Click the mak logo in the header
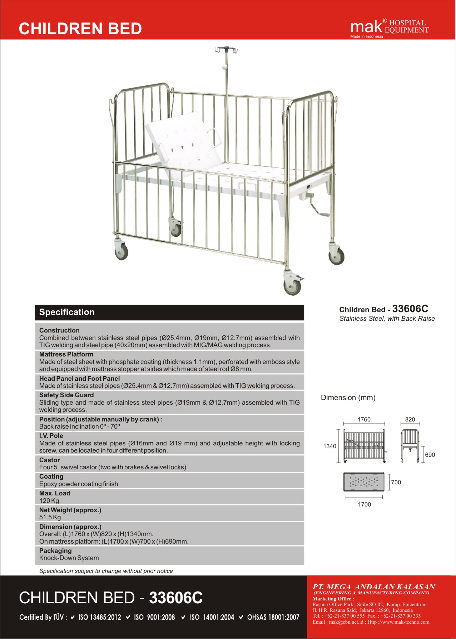[366, 27]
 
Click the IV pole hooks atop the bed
[226, 50]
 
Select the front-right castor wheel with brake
[293, 285]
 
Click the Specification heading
[67, 312]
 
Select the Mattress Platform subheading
[66, 354]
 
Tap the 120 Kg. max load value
[50, 500]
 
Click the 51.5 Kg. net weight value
[51, 517]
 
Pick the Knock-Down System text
[69, 558]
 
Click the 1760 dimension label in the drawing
[364, 419]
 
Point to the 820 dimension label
[410, 419]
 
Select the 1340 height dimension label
[329, 446]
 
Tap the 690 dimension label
[430, 455]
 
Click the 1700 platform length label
[364, 504]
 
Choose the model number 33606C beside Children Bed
[410, 309]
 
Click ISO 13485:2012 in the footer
[99, 617]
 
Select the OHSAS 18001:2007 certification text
[273, 617]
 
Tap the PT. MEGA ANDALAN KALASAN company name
[374, 587]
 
